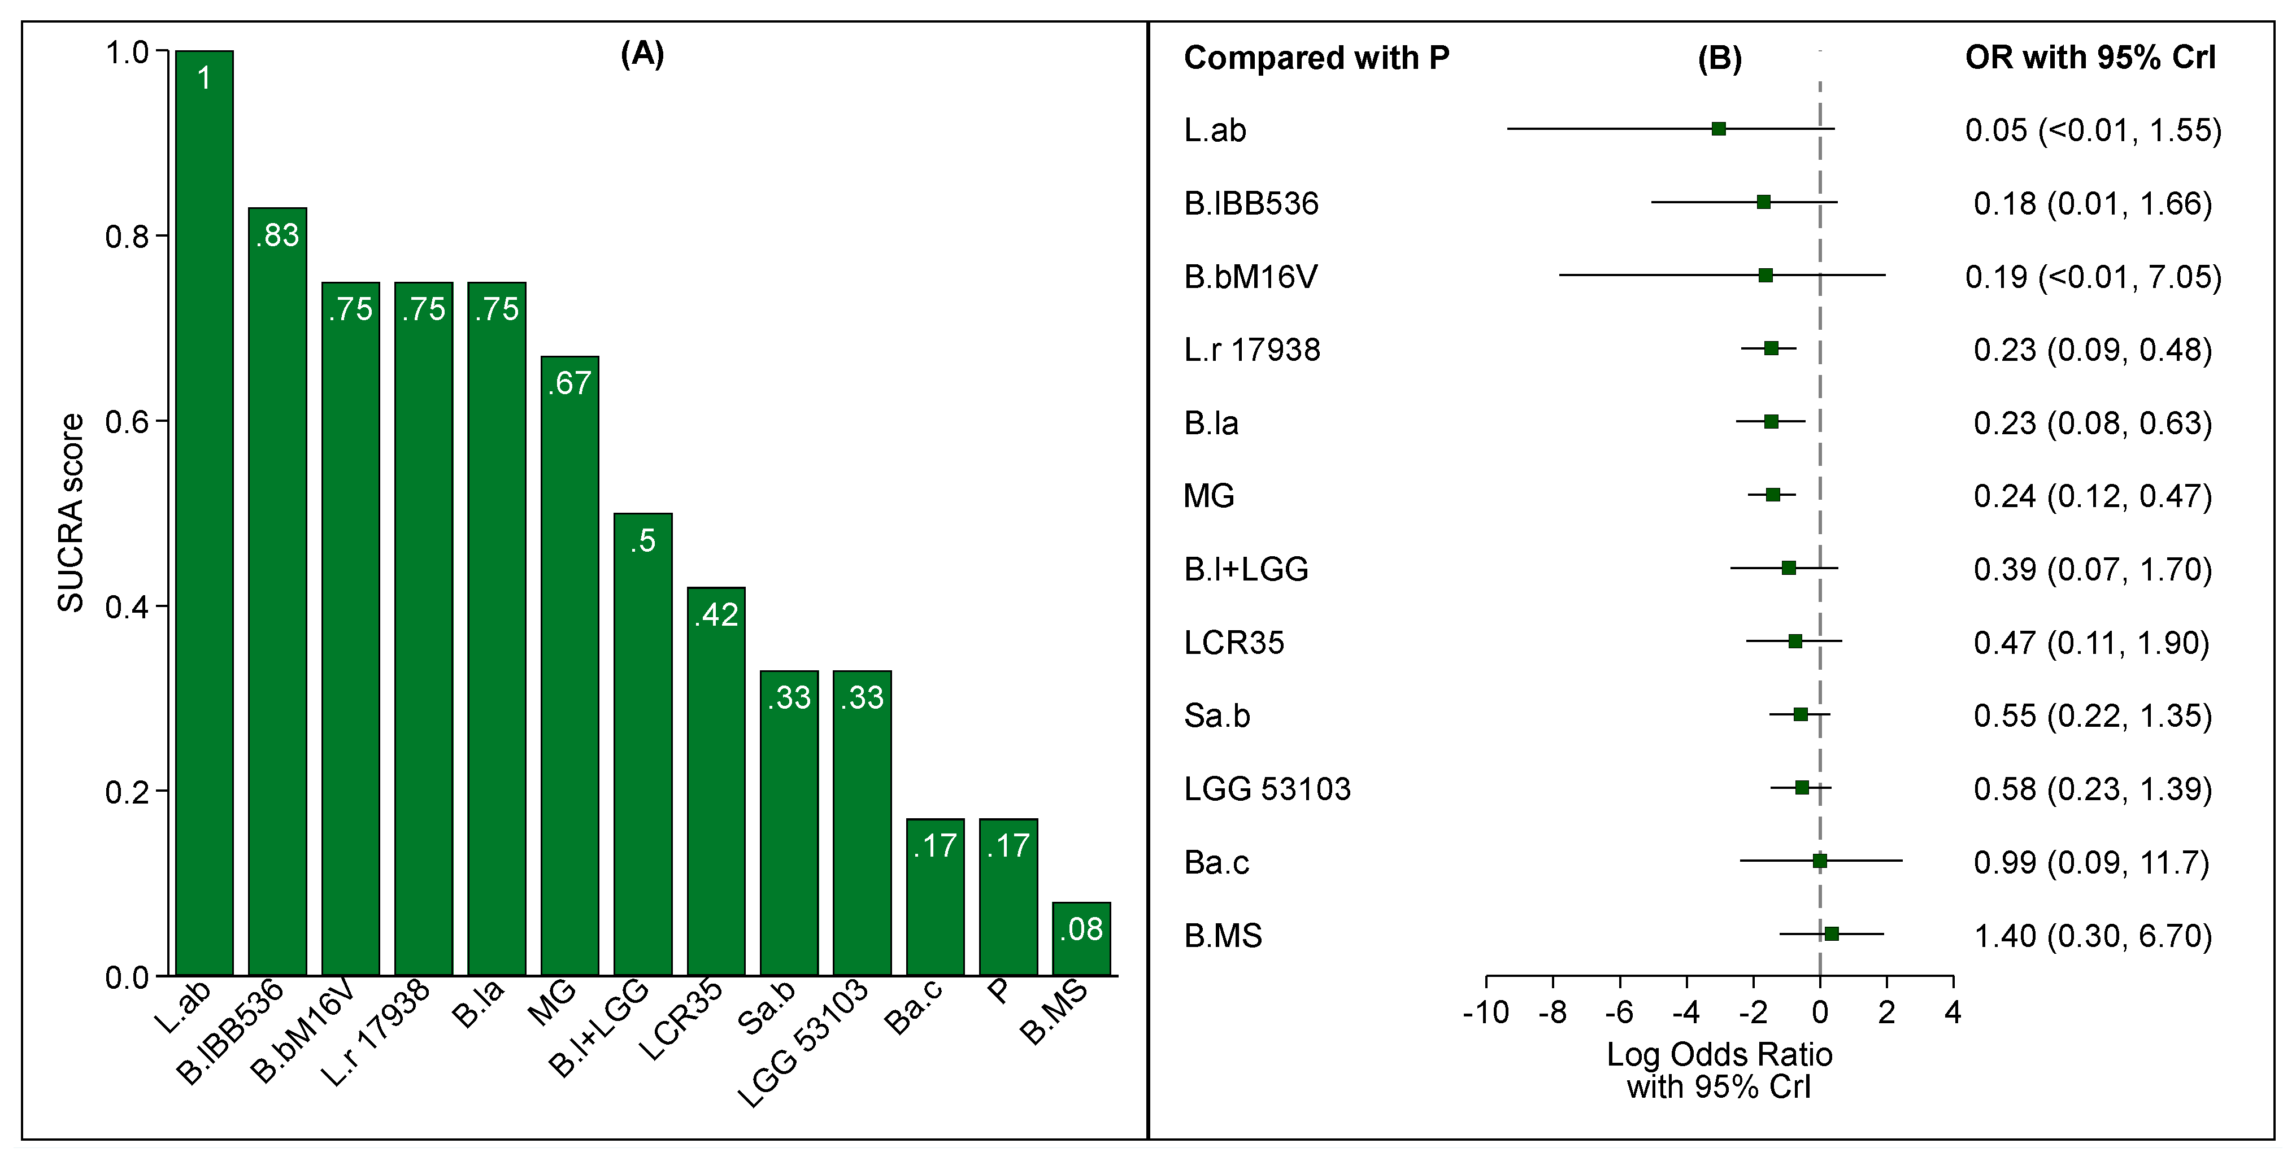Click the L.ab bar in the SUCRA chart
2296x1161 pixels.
(204, 512)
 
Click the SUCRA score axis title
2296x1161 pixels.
(71, 512)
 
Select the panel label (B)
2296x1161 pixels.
(1719, 58)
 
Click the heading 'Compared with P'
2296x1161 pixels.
(1316, 58)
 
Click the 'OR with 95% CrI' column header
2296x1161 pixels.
(2090, 58)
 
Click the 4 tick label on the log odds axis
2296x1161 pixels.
(1953, 1012)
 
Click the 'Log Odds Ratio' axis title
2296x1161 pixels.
(1719, 1055)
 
